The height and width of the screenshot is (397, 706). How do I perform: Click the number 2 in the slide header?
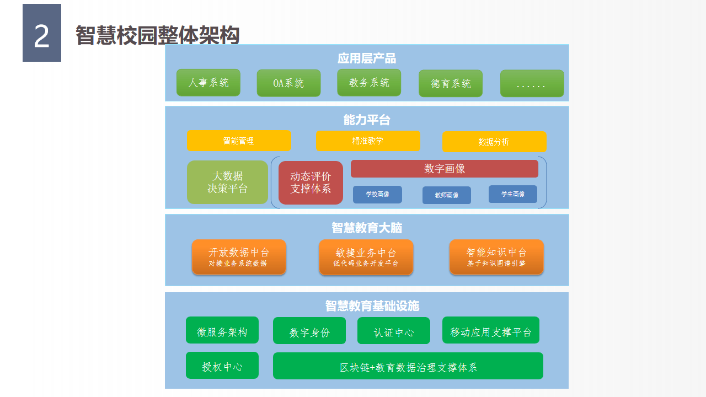tap(42, 36)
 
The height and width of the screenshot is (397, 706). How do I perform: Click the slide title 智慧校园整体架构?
tap(157, 36)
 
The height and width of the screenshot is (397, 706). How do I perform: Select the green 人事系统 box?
tap(208, 83)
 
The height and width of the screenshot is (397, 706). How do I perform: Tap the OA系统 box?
tap(288, 83)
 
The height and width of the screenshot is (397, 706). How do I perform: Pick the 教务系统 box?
tap(369, 83)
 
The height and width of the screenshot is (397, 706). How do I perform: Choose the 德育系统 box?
tap(451, 83)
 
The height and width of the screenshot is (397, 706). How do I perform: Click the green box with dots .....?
tap(532, 84)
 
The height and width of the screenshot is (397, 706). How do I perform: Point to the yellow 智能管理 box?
tap(239, 141)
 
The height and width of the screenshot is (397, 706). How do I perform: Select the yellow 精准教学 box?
tap(368, 141)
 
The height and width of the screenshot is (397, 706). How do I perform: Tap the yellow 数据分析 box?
tap(494, 142)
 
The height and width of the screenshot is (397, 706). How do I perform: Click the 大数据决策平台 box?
tap(227, 183)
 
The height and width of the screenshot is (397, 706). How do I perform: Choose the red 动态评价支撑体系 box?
tap(311, 183)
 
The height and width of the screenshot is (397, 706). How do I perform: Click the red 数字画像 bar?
tap(444, 169)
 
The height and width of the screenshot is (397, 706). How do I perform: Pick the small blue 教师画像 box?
tap(447, 195)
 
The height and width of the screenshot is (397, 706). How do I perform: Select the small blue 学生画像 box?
tap(513, 194)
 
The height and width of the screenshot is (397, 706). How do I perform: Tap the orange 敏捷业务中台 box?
tap(366, 257)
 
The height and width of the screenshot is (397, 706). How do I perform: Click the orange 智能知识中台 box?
tap(496, 257)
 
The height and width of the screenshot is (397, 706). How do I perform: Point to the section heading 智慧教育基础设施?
tap(372, 305)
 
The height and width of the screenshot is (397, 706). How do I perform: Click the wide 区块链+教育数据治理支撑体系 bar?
tap(408, 366)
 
